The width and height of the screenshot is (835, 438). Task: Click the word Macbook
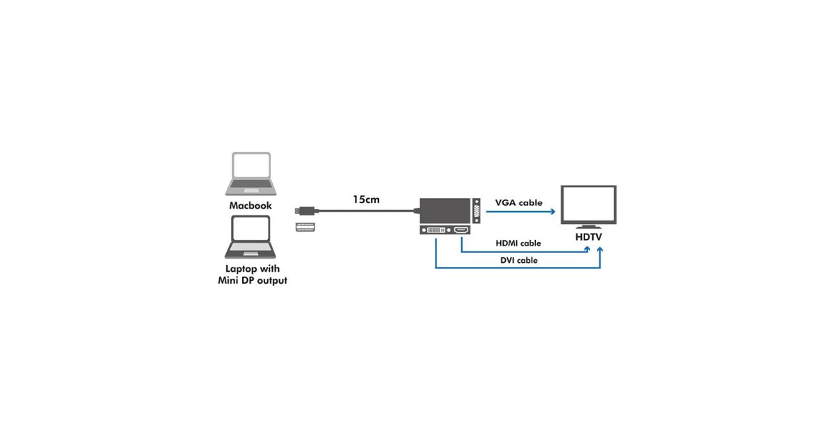point(250,206)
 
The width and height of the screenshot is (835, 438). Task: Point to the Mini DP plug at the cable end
point(304,209)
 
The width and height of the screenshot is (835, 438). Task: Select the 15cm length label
point(366,200)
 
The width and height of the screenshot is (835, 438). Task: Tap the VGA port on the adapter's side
point(476,211)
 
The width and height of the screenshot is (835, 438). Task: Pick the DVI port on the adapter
point(436,230)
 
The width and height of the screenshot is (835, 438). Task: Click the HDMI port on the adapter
point(461,230)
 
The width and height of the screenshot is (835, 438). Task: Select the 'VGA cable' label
point(518,203)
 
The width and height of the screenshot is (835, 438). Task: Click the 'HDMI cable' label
point(518,243)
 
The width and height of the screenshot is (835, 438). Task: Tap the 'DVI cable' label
point(518,260)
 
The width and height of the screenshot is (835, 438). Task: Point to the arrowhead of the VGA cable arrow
point(558,211)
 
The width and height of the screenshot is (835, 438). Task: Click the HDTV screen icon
point(588,204)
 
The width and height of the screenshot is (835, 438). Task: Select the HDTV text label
point(589,237)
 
